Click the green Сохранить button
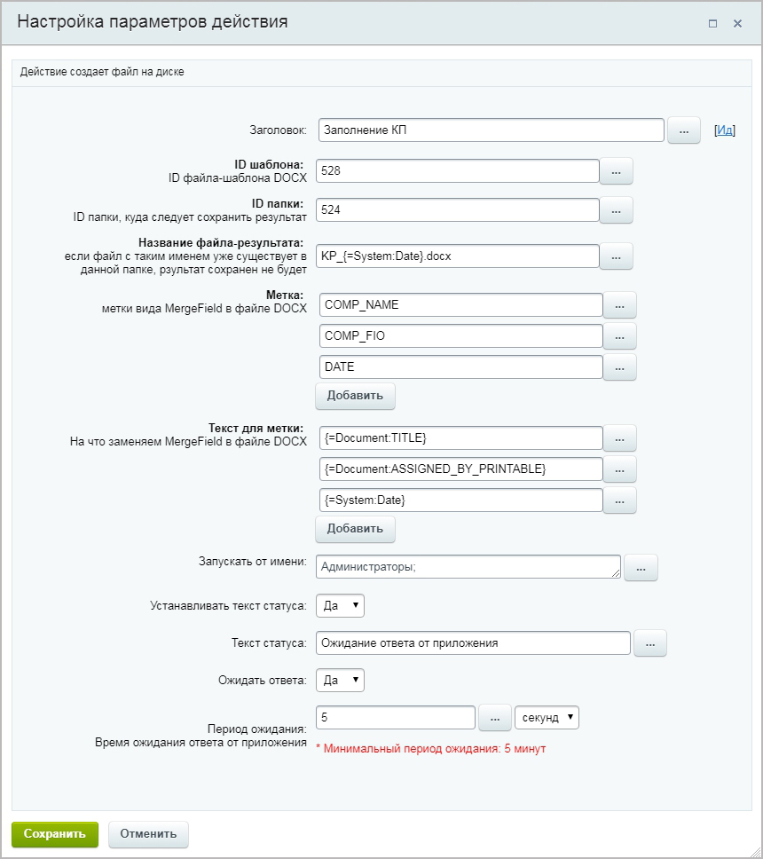(x=55, y=833)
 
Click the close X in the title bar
(x=737, y=24)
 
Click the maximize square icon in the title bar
(x=712, y=24)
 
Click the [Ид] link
(x=725, y=130)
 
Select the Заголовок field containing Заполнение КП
(x=491, y=130)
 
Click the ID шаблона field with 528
(x=458, y=170)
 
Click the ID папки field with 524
(x=458, y=210)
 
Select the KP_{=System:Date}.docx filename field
(x=458, y=256)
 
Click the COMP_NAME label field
(x=460, y=305)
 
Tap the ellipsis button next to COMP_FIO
(x=619, y=336)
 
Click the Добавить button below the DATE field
(x=355, y=396)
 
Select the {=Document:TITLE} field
(x=460, y=438)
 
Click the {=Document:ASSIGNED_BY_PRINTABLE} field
(x=460, y=469)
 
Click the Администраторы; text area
(x=468, y=567)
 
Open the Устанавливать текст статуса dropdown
(x=340, y=606)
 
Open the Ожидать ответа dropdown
(x=340, y=681)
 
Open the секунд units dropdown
(x=547, y=717)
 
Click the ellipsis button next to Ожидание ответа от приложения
(x=649, y=643)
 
